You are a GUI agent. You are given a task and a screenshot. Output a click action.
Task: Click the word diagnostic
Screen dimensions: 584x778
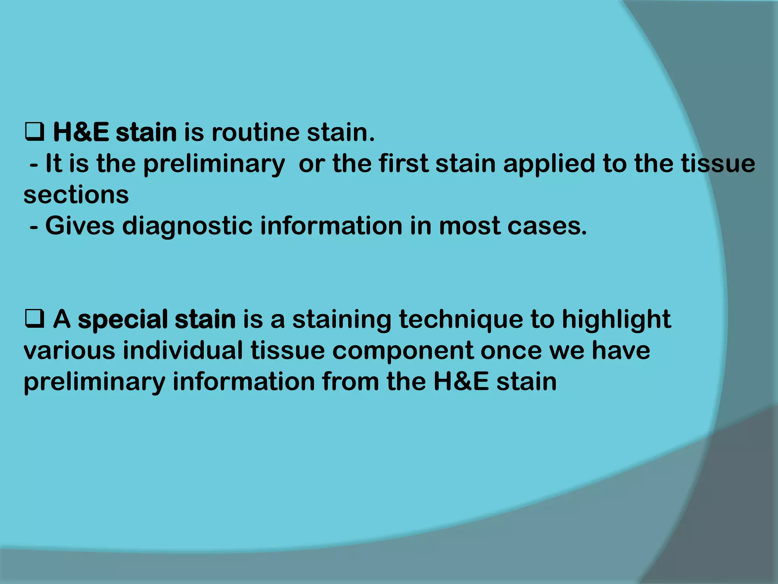click(187, 226)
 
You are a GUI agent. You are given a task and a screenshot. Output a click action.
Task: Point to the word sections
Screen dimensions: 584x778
click(76, 195)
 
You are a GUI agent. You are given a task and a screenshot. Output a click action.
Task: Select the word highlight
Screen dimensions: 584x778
click(616, 319)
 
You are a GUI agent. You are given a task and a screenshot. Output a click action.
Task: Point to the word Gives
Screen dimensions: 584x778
click(79, 226)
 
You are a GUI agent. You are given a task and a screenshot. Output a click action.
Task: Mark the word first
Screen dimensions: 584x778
click(403, 164)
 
